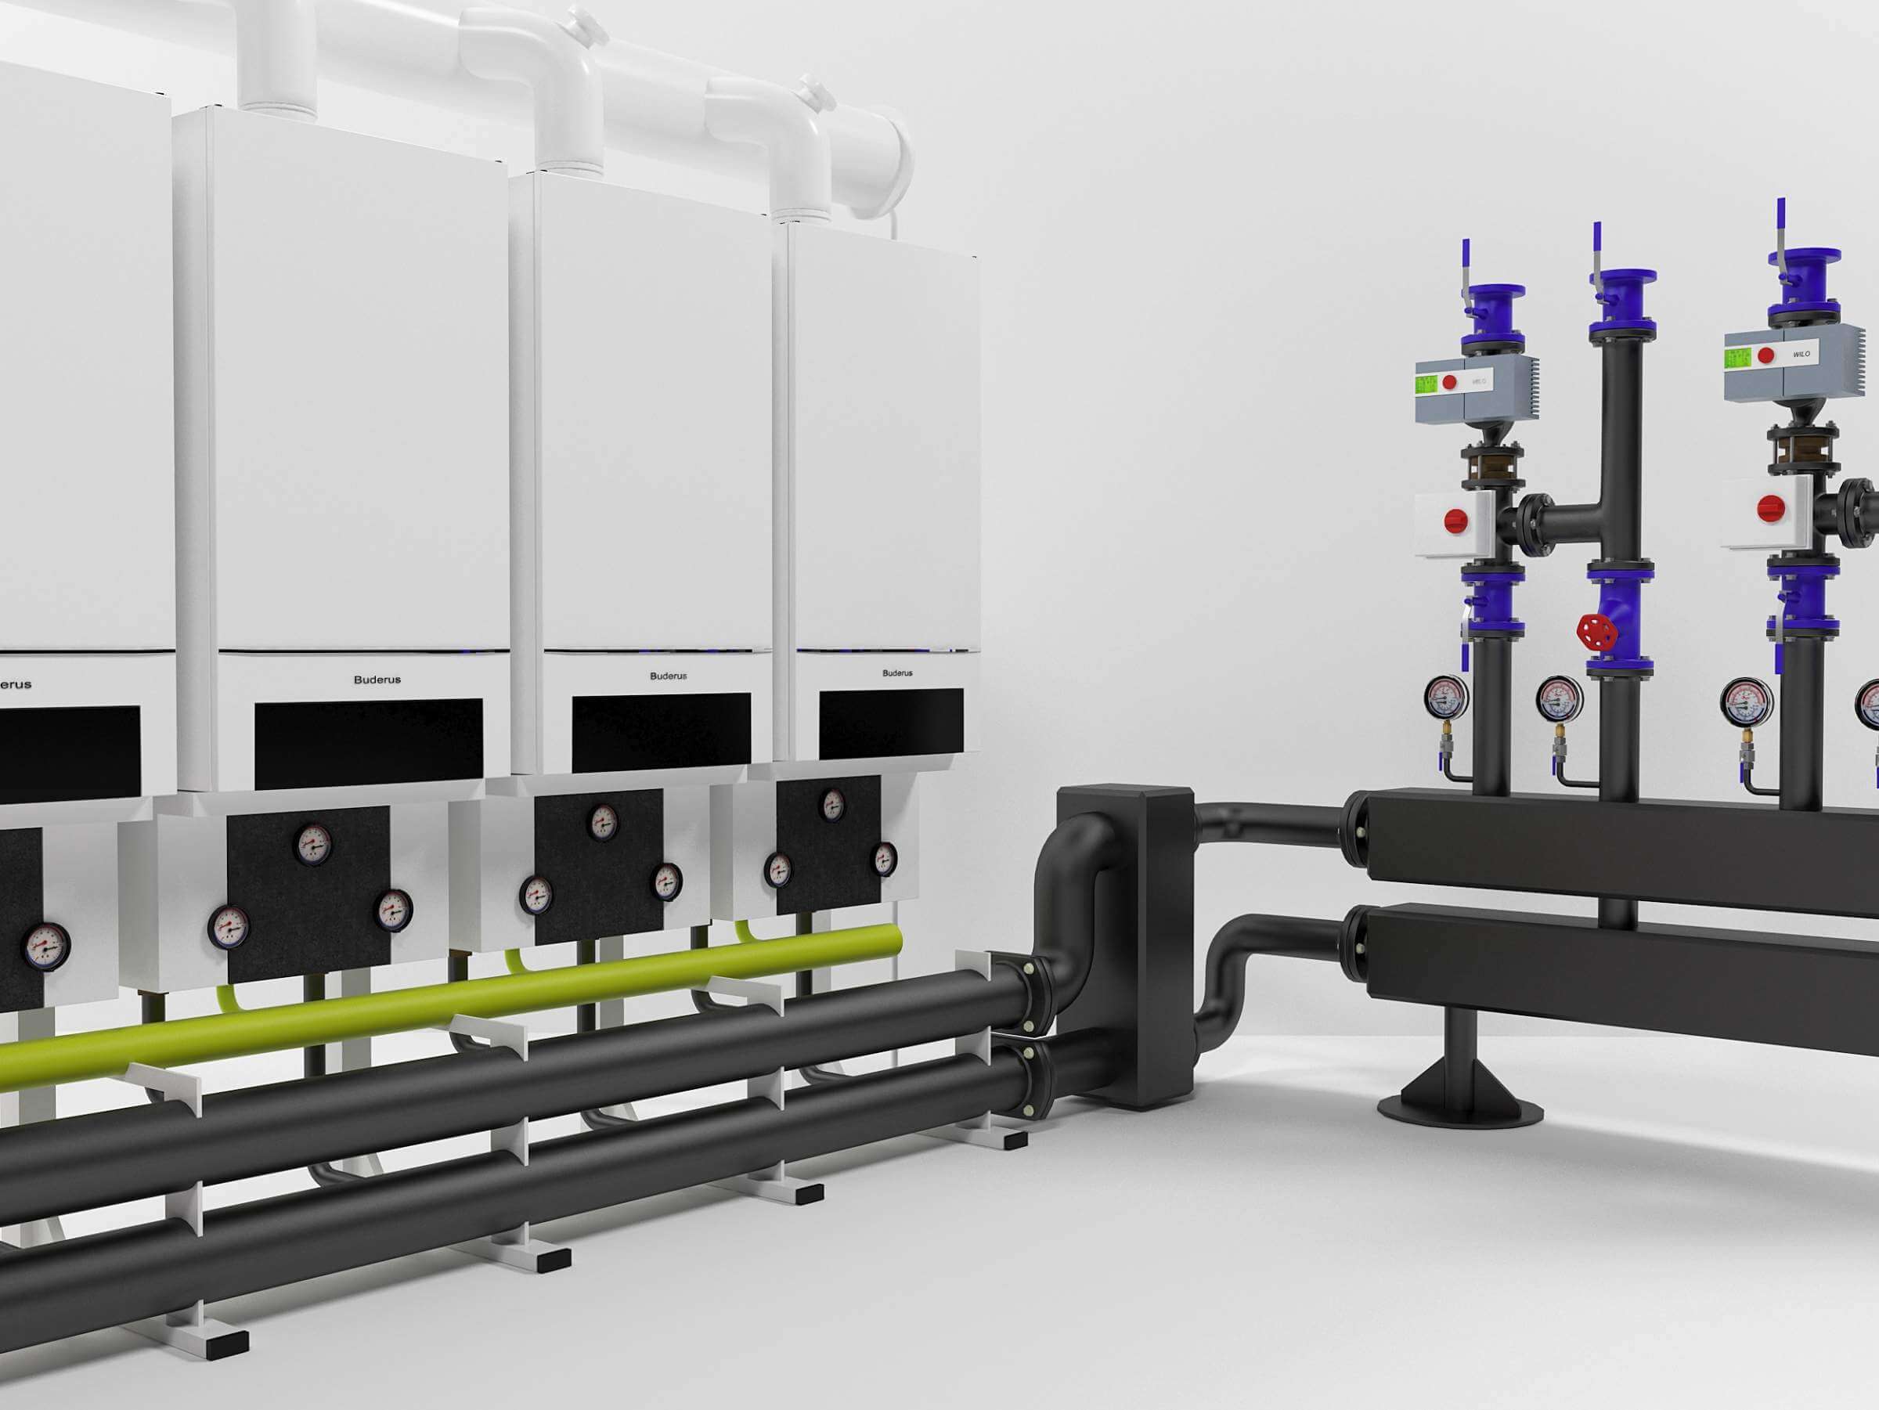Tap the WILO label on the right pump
pos(1800,353)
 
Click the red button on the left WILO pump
pos(1450,382)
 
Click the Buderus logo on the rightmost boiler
pos(897,673)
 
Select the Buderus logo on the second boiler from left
pos(377,680)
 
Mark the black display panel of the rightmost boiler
pos(890,723)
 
